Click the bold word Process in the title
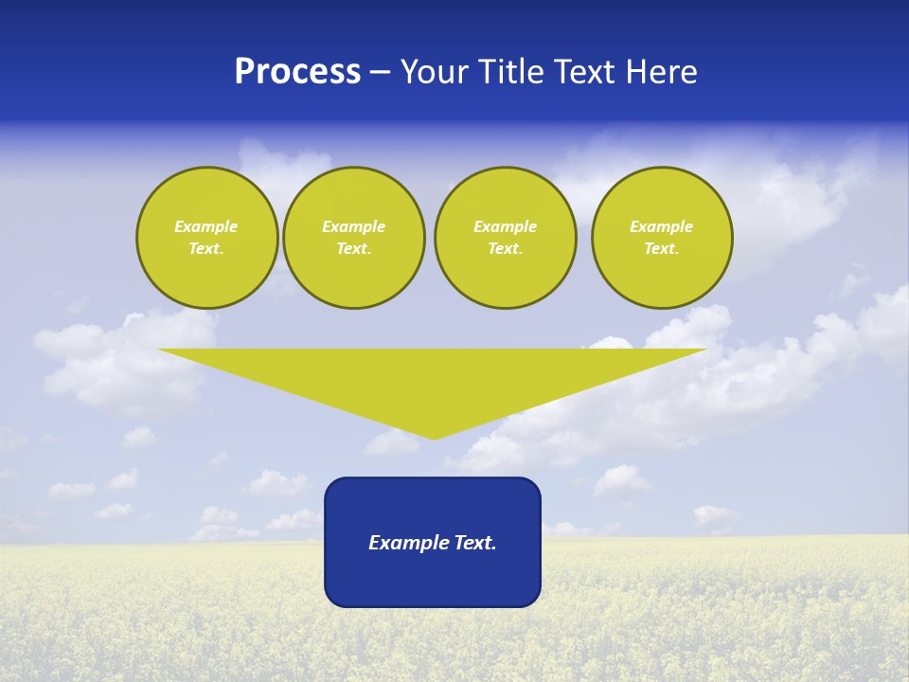coord(297,72)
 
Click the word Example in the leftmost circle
coord(206,226)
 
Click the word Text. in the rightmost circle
coord(661,249)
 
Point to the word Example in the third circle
coord(505,226)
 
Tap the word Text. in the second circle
coord(353,249)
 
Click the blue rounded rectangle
coord(433,578)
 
